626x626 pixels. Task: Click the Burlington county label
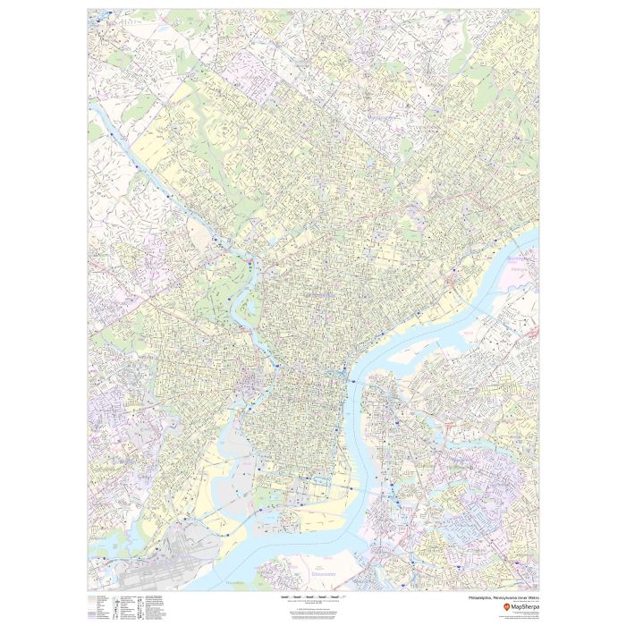pyautogui.click(x=519, y=258)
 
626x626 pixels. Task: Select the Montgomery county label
pyautogui.click(x=379, y=116)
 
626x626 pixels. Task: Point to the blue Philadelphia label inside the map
pyautogui.click(x=312, y=295)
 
